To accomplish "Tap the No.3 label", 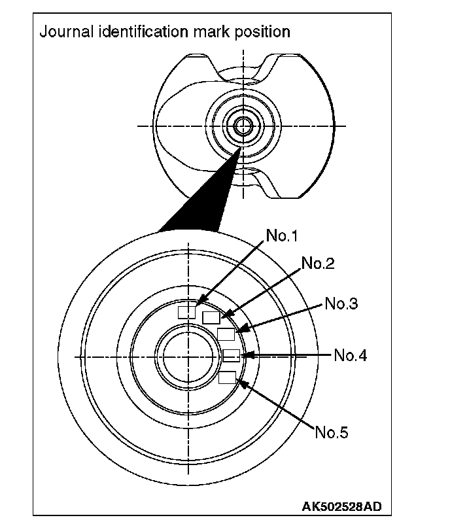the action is pyautogui.click(x=341, y=304).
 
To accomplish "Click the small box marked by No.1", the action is pyautogui.click(x=187, y=311).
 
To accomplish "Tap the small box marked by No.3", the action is pyautogui.click(x=226, y=334).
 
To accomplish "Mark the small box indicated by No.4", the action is pyautogui.click(x=232, y=355).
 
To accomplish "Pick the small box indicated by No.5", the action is pyautogui.click(x=227, y=377).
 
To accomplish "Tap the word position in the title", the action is pyautogui.click(x=264, y=31).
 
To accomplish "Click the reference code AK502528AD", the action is pyautogui.click(x=342, y=506).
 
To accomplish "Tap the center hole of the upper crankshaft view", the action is pyautogui.click(x=243, y=125).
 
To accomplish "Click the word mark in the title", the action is pyautogui.click(x=214, y=31).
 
